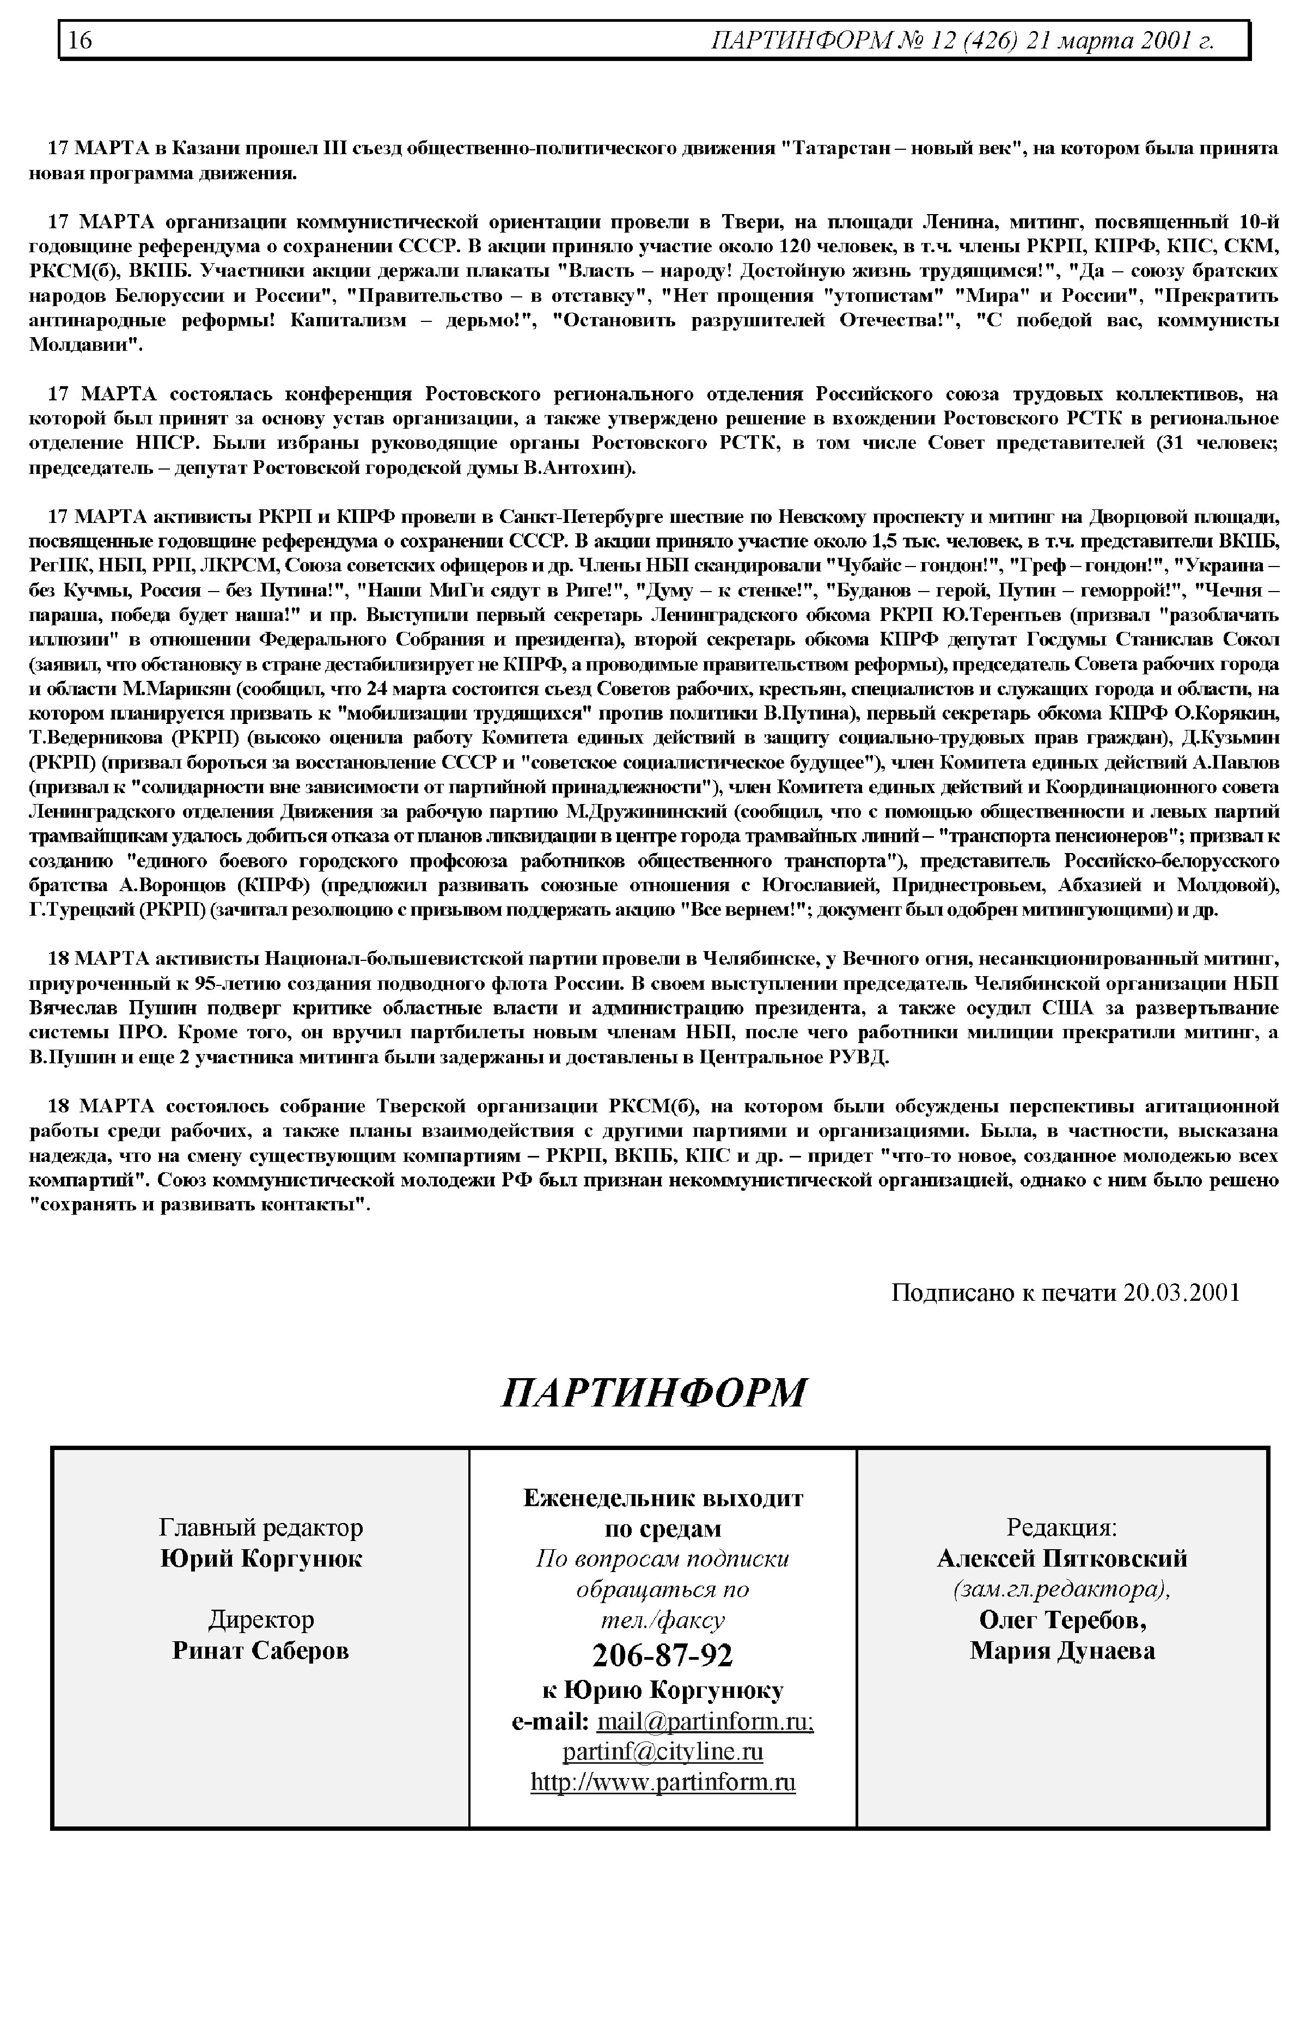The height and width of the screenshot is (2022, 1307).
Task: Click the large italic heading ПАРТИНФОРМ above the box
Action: point(653,1392)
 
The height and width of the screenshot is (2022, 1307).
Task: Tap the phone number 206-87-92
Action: point(662,1648)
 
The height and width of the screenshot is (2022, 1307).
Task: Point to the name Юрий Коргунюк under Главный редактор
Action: point(260,1558)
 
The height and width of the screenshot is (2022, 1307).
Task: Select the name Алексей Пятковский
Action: point(1062,1558)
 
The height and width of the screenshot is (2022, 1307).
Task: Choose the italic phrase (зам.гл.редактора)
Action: point(1062,1589)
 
